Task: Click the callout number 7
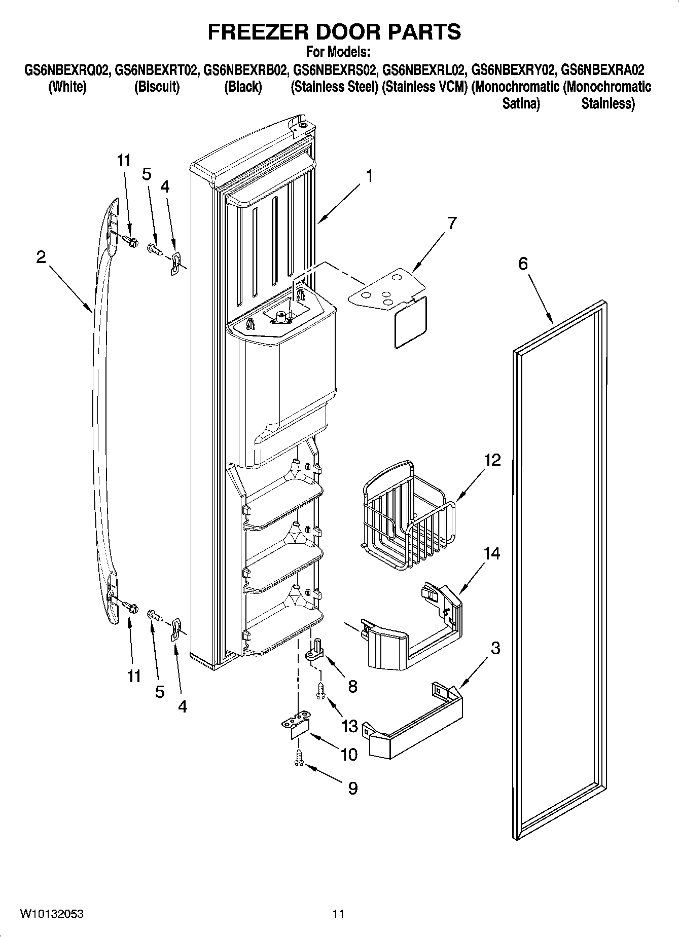pos(452,223)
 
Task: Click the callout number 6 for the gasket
pos(523,263)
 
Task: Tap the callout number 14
pos(492,553)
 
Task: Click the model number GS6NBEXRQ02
pos(67,69)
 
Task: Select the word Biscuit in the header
pos(157,87)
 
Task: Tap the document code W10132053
pos(52,914)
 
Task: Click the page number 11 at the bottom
pos(338,914)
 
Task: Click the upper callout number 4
pos(165,187)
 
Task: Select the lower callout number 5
pos(160,692)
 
